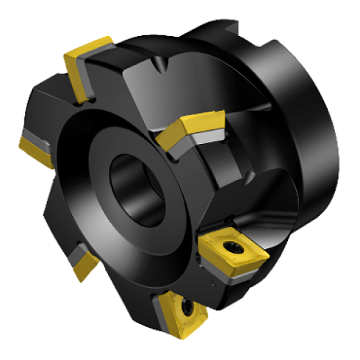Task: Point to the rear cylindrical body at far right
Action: click(x=309, y=132)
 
